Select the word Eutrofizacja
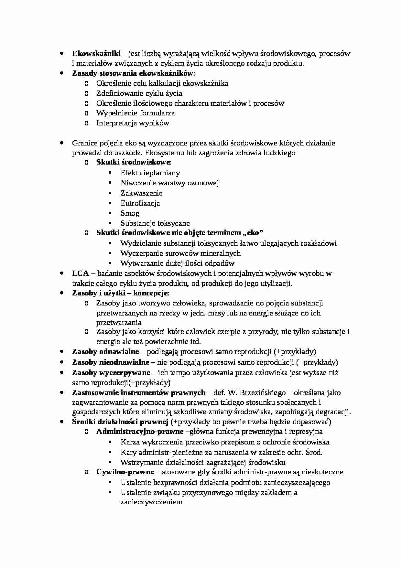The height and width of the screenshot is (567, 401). tap(140, 203)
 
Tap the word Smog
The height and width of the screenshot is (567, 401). tap(130, 213)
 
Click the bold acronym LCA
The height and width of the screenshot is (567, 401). tap(80, 273)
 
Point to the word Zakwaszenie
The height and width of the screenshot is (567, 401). tap(142, 193)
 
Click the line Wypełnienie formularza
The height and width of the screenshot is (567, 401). tap(135, 113)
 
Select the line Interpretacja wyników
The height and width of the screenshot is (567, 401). tap(133, 123)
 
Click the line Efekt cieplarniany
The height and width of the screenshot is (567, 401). tap(150, 173)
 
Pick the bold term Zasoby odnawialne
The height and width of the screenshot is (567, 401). tap(105, 352)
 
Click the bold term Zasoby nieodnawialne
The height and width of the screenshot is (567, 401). tap(111, 362)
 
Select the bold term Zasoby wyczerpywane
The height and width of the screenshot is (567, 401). tap(111, 372)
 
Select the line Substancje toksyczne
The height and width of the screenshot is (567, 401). tap(155, 223)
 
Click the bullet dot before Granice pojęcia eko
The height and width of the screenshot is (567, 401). tap(61, 143)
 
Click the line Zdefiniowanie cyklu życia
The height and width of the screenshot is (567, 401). tap(139, 93)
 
